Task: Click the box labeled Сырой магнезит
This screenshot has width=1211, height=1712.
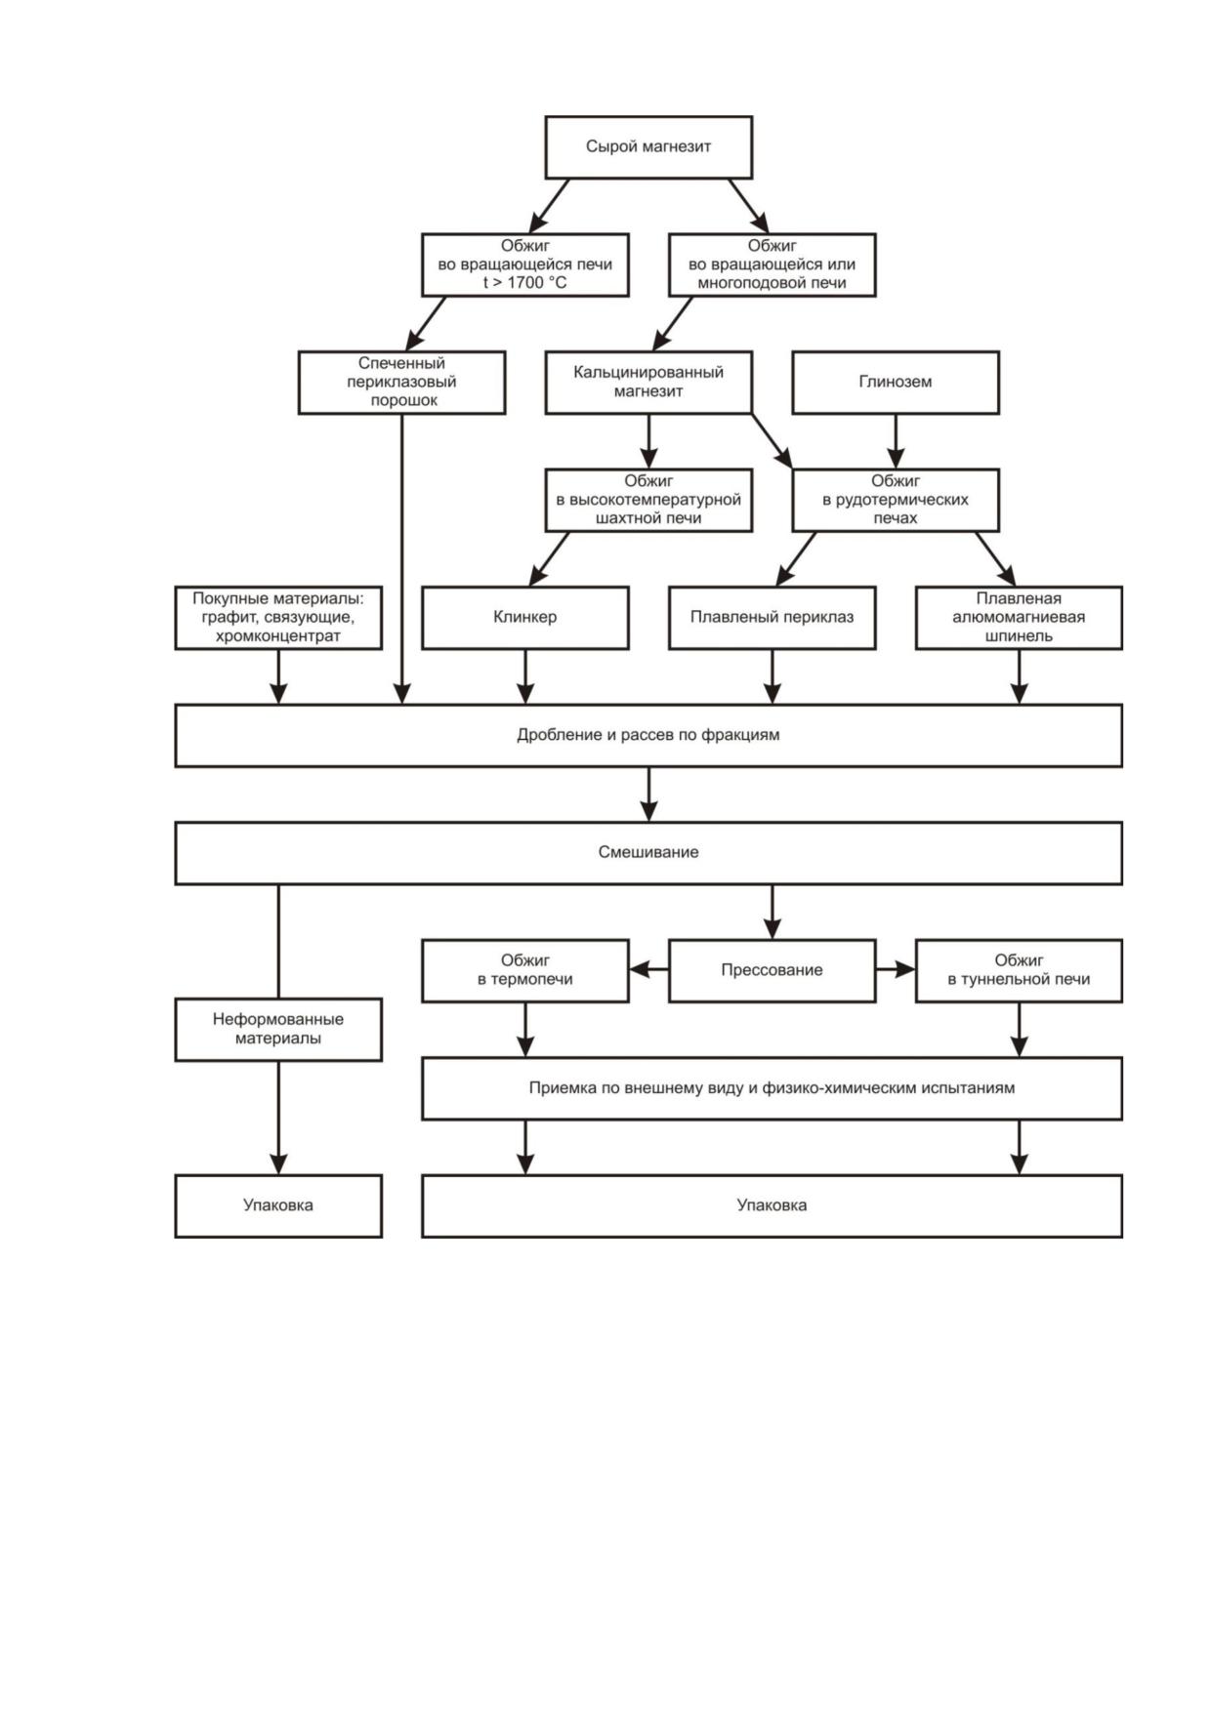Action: tap(648, 147)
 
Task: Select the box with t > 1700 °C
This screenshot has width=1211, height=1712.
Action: tap(525, 265)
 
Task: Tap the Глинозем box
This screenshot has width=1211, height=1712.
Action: tap(896, 383)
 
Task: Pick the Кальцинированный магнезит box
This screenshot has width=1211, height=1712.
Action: tap(648, 383)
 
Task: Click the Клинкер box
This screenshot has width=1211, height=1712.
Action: tap(525, 618)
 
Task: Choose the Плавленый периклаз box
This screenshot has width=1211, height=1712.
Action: tap(773, 618)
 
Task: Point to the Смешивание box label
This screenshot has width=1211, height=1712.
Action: tap(648, 852)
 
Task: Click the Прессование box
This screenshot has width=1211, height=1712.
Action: tap(773, 970)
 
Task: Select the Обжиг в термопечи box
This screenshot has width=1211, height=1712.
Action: tap(525, 970)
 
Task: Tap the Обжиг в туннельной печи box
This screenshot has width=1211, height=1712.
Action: tap(1019, 970)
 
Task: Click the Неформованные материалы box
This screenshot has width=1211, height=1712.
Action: tap(278, 1029)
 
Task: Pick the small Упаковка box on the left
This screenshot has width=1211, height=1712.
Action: tap(278, 1205)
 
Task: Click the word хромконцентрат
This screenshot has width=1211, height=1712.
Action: tap(278, 636)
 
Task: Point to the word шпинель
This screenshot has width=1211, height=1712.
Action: tap(1019, 636)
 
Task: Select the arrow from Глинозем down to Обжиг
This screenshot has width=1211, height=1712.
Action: tap(896, 441)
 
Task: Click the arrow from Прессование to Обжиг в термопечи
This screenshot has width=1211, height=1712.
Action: tap(648, 970)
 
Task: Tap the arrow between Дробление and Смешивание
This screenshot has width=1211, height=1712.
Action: tap(648, 794)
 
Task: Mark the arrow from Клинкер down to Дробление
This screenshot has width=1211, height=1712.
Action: tap(525, 676)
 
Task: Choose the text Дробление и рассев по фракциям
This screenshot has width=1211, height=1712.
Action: tap(648, 735)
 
